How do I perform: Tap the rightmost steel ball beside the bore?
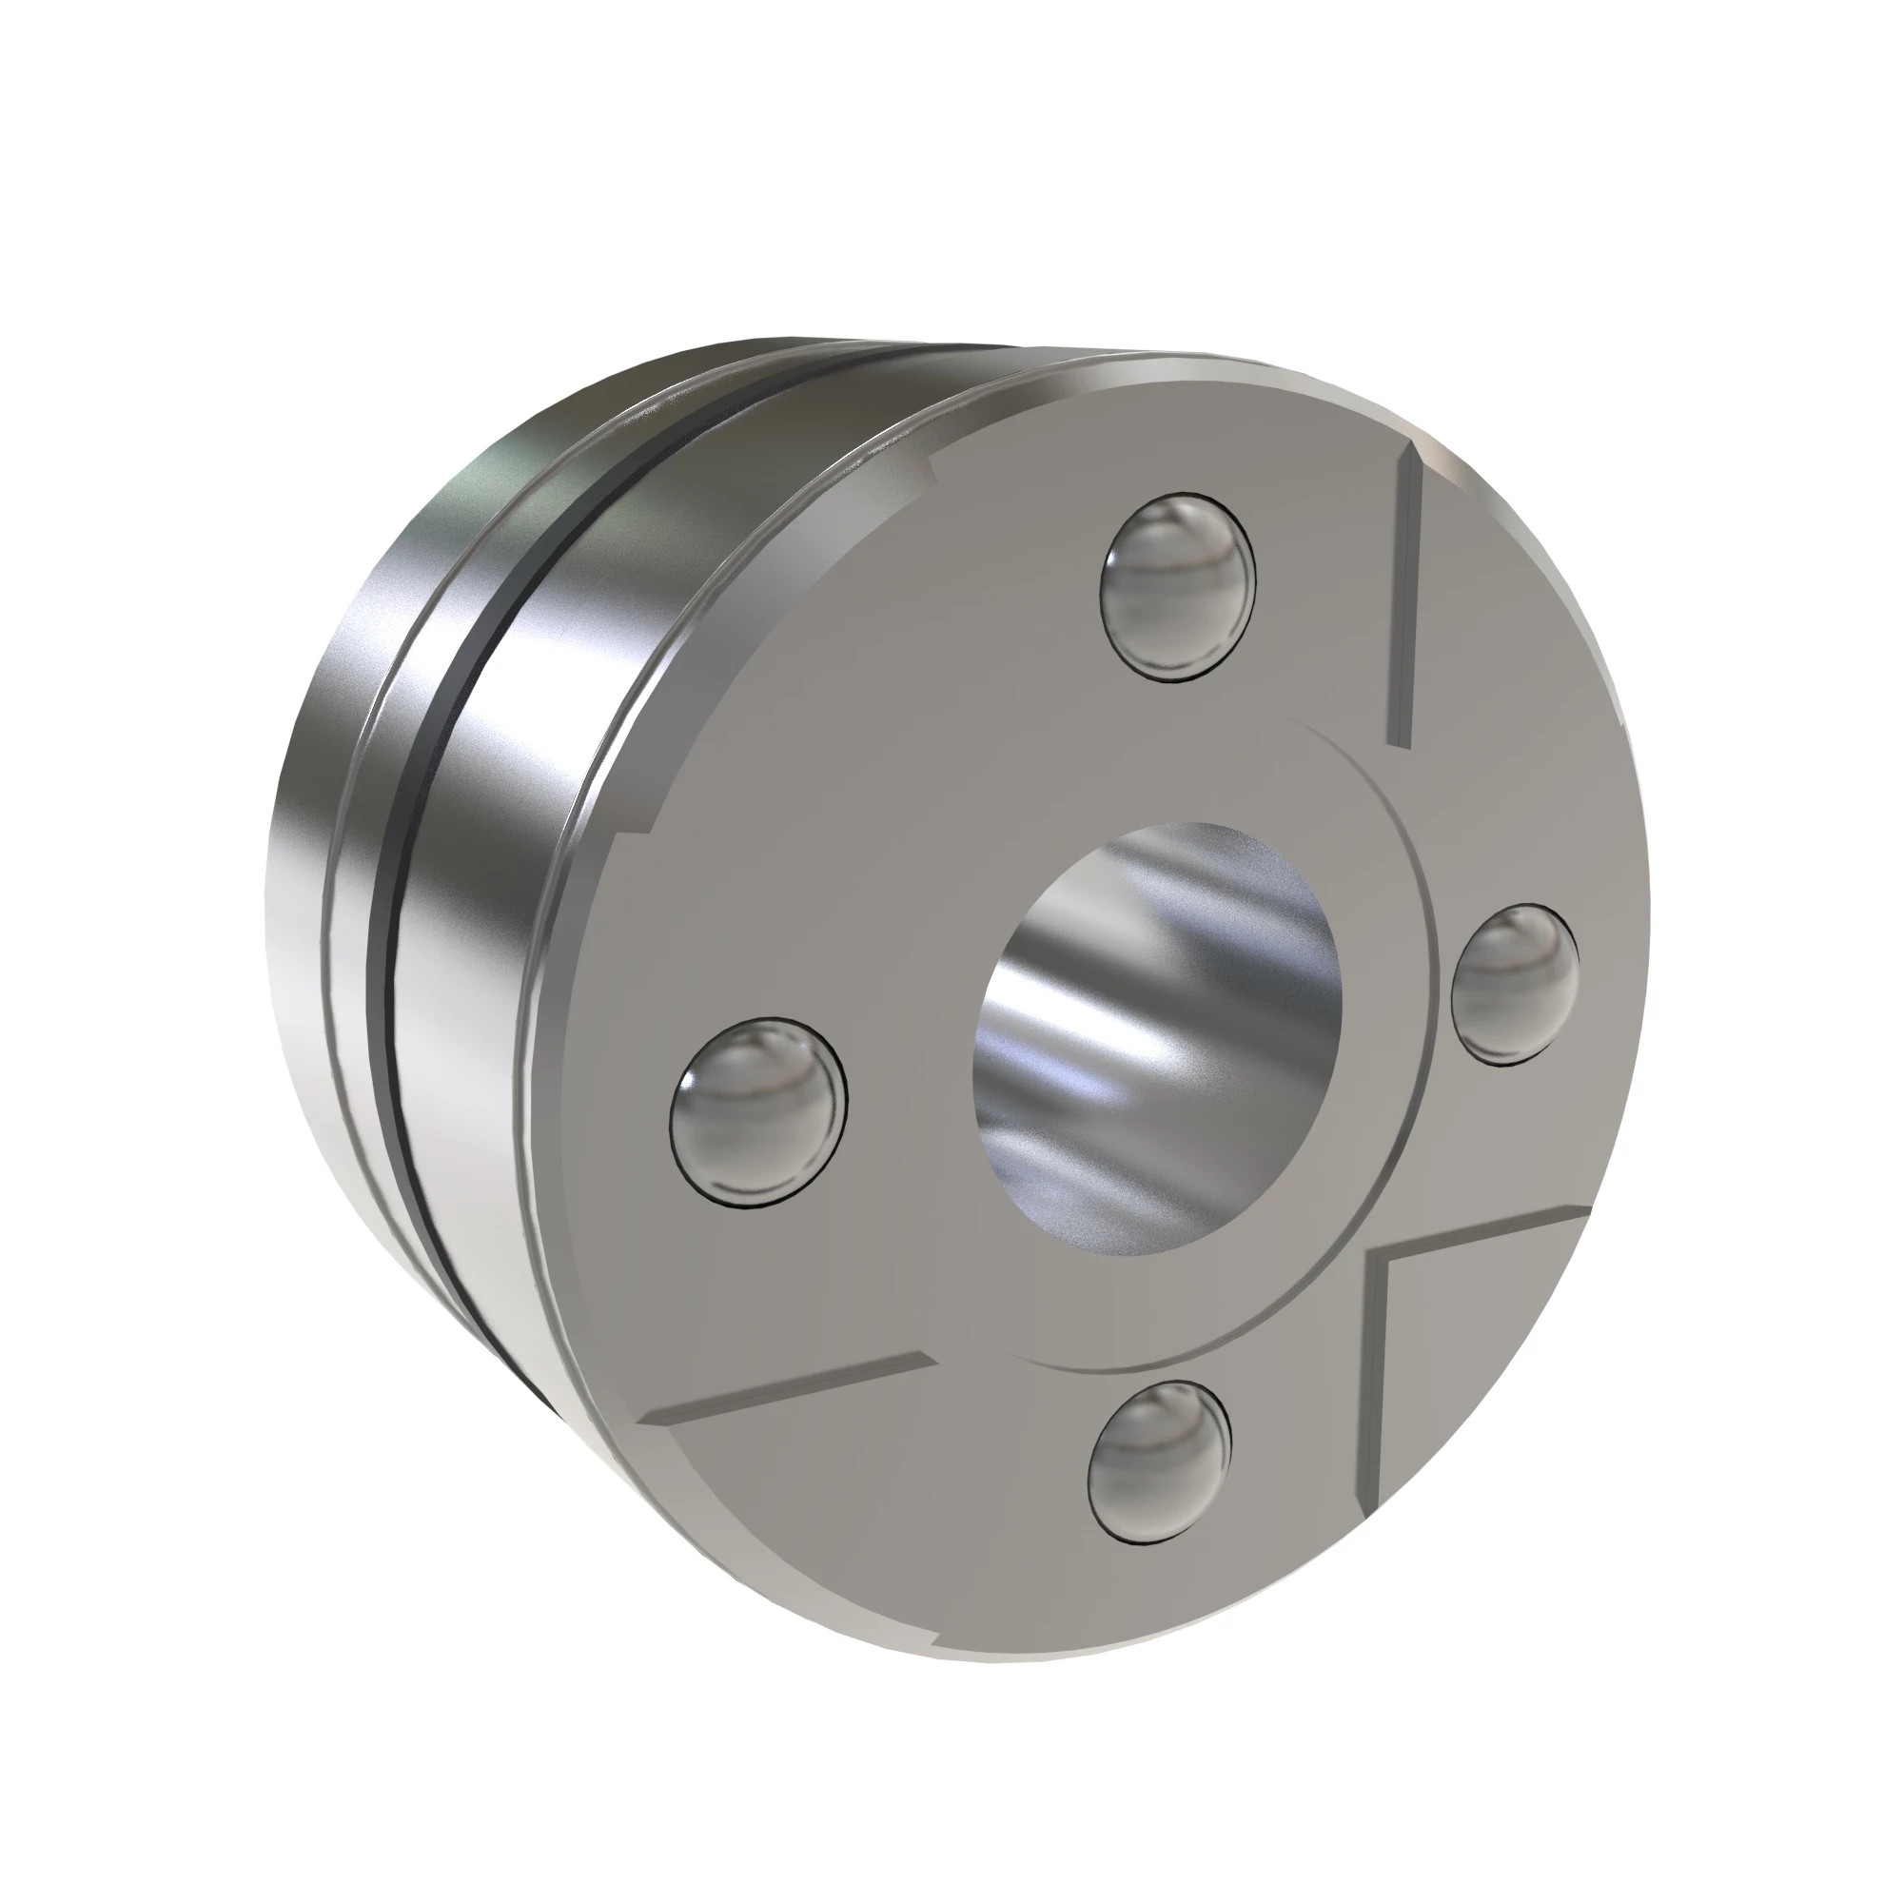(1515, 984)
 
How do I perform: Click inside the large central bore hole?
(1157, 1039)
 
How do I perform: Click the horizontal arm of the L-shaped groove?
(1478, 1231)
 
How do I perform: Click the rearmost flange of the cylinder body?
(296, 887)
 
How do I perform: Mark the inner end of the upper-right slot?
(1398, 738)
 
